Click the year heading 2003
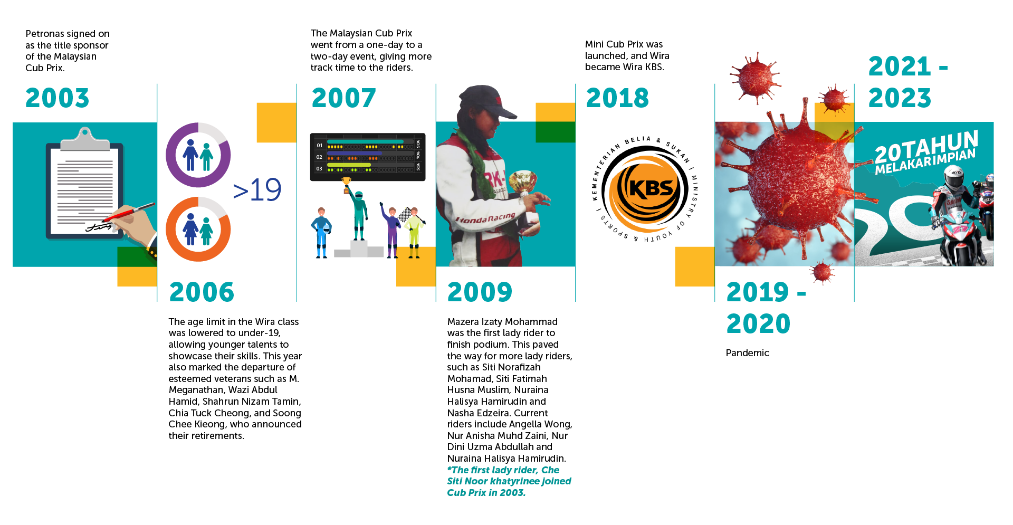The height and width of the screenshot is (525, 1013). pos(58,98)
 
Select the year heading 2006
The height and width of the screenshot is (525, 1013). pos(202,292)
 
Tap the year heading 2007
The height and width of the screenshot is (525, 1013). pos(343,98)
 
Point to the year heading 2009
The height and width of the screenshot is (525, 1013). pos(480,292)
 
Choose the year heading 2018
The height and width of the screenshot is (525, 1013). pos(617,98)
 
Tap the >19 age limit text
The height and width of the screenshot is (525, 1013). pos(257,189)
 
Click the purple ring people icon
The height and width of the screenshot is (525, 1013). pos(198,155)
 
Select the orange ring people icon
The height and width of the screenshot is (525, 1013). pos(198,229)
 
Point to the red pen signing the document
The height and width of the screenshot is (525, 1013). pos(128,213)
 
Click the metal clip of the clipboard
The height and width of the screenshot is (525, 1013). pos(85,140)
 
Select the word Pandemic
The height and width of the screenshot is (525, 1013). pos(747,353)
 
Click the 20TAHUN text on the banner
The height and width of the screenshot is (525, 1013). pos(926,147)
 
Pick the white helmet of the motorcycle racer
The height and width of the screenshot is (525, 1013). pos(953,177)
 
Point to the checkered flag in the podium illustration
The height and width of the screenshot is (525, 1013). pos(405,214)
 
